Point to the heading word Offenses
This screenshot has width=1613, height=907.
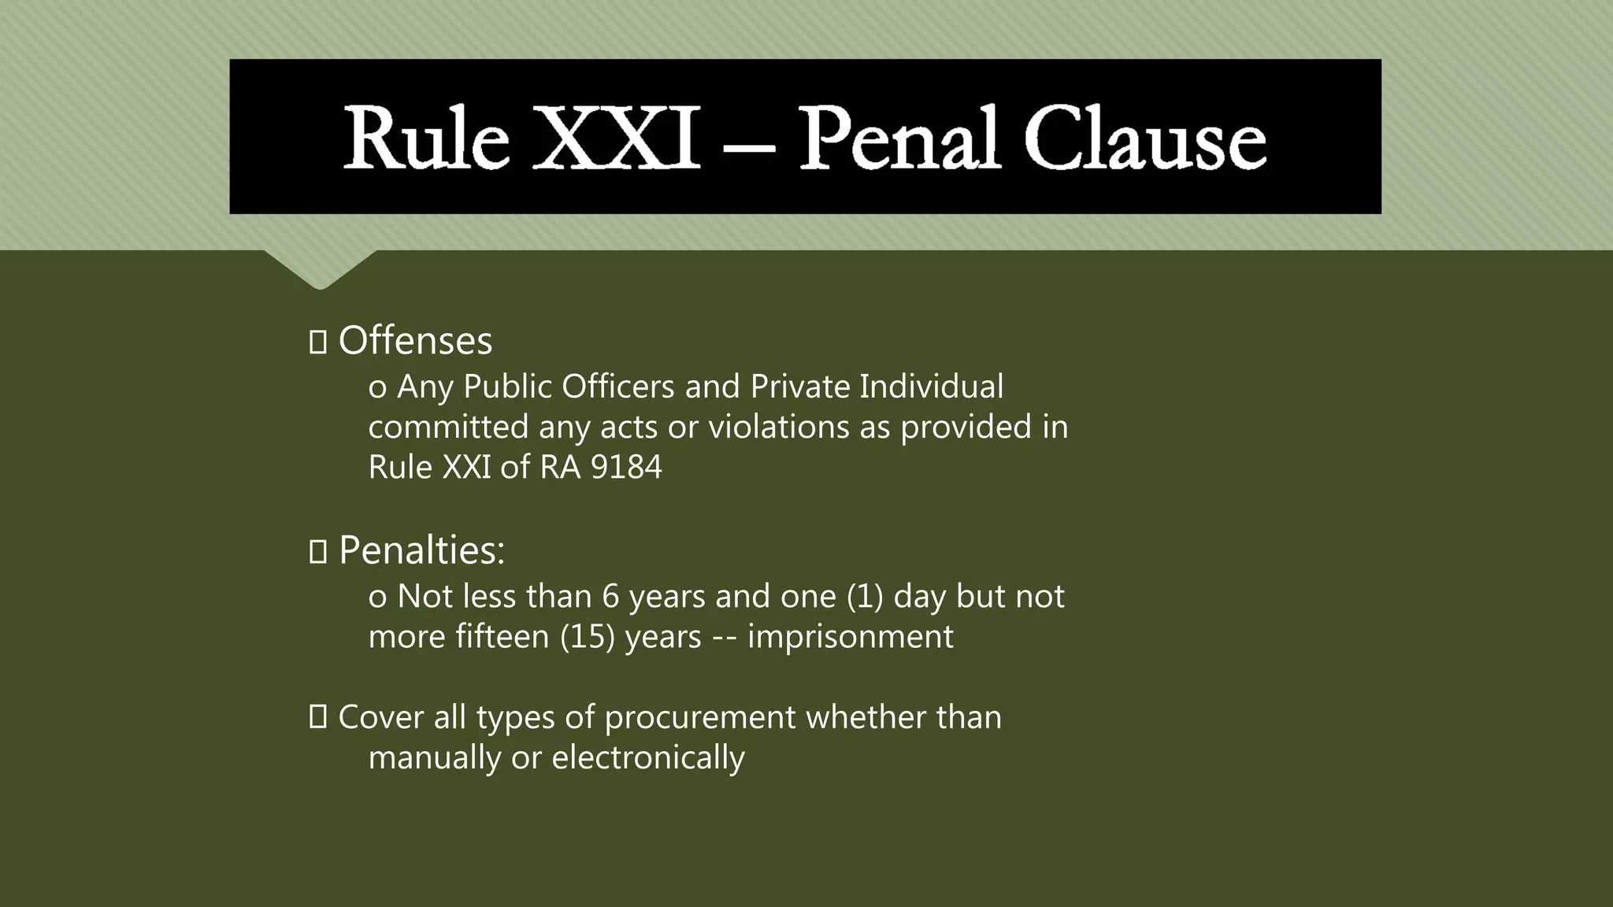[x=415, y=341]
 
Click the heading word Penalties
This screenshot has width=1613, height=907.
[x=421, y=550]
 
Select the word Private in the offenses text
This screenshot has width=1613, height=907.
[x=800, y=387]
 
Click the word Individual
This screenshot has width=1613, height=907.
[x=932, y=387]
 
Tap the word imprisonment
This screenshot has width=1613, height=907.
[x=850, y=636]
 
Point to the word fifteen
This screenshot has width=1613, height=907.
[x=503, y=636]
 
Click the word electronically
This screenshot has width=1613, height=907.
[x=647, y=757]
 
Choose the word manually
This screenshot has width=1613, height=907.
[x=435, y=757]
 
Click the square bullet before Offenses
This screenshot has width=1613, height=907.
[x=318, y=342]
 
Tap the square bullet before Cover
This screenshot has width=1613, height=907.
[x=318, y=716]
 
